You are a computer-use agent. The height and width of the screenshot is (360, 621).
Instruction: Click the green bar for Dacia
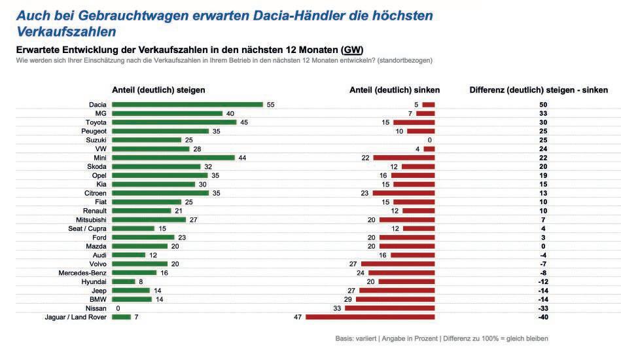click(187, 104)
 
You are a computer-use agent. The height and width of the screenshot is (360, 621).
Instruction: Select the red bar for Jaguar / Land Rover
click(370, 317)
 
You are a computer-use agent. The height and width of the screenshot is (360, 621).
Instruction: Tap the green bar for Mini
click(173, 157)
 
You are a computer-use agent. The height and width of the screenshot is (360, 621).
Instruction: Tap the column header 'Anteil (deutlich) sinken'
click(395, 90)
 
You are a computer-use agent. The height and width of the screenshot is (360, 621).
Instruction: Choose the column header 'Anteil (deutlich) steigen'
click(158, 90)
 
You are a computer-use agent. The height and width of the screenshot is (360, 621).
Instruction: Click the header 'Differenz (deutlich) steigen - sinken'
click(539, 90)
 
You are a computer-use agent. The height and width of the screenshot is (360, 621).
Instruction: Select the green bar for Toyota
click(174, 122)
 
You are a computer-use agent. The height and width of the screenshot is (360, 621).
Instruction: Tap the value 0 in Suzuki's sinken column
click(430, 139)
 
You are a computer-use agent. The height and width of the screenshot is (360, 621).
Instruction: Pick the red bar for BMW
click(395, 298)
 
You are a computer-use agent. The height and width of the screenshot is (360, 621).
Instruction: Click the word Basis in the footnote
click(344, 339)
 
